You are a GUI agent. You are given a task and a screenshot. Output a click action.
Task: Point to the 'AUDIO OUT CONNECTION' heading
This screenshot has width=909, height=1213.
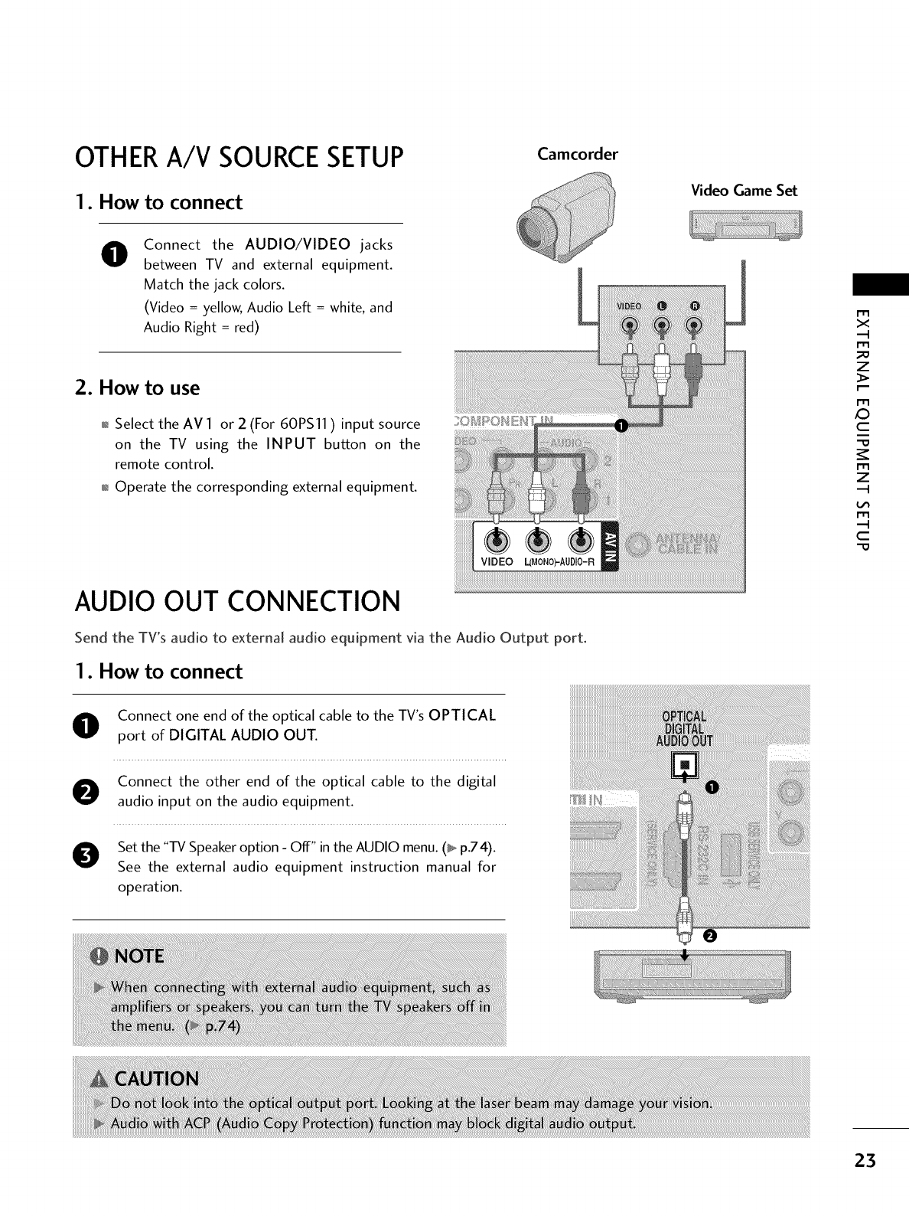[237, 602]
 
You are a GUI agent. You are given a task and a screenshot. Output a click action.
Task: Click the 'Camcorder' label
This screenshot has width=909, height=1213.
[578, 154]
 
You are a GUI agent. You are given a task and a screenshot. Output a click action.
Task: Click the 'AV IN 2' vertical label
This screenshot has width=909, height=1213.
[611, 550]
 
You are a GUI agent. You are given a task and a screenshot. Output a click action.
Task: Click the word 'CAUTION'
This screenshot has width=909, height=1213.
[156, 1079]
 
